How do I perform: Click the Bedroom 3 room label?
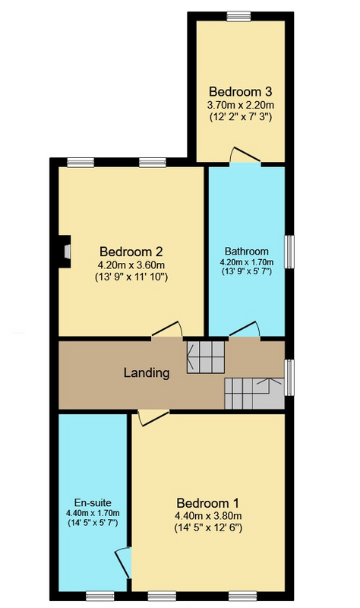pyautogui.click(x=240, y=92)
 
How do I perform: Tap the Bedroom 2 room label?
pyautogui.click(x=131, y=252)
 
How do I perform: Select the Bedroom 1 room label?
pyautogui.click(x=207, y=503)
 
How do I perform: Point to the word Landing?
pyautogui.click(x=147, y=373)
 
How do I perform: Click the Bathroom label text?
pyautogui.click(x=247, y=252)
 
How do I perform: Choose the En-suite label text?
pyautogui.click(x=93, y=503)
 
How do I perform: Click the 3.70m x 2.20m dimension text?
pyautogui.click(x=241, y=105)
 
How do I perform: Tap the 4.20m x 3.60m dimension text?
pyautogui.click(x=131, y=265)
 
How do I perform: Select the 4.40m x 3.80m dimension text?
pyautogui.click(x=208, y=516)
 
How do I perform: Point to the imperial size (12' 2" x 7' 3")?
pyautogui.click(x=241, y=117)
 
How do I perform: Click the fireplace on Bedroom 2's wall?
pyautogui.click(x=65, y=252)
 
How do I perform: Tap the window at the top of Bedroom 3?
pyautogui.click(x=238, y=16)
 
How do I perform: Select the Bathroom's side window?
pyautogui.click(x=289, y=252)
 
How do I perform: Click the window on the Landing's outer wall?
pyautogui.click(x=289, y=378)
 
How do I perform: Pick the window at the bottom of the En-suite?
pyautogui.click(x=100, y=596)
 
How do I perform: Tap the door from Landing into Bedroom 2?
pyautogui.click(x=166, y=329)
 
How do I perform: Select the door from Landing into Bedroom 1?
pyautogui.click(x=153, y=418)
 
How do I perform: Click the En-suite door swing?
pyautogui.click(x=124, y=562)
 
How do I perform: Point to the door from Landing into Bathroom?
pyautogui.click(x=245, y=329)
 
